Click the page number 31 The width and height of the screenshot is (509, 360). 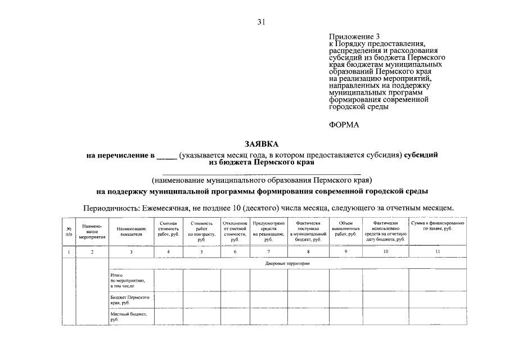[261, 22]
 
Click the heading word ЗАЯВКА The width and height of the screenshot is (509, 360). [262, 144]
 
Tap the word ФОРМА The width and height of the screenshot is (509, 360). [344, 125]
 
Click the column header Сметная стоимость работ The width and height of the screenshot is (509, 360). [168, 229]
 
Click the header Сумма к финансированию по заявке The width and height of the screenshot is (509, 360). [437, 226]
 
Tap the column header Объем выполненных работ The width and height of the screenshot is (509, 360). [346, 229]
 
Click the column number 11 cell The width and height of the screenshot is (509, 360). [437, 252]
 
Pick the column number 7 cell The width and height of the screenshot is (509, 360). [268, 252]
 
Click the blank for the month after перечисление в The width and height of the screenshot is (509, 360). [166, 155]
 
